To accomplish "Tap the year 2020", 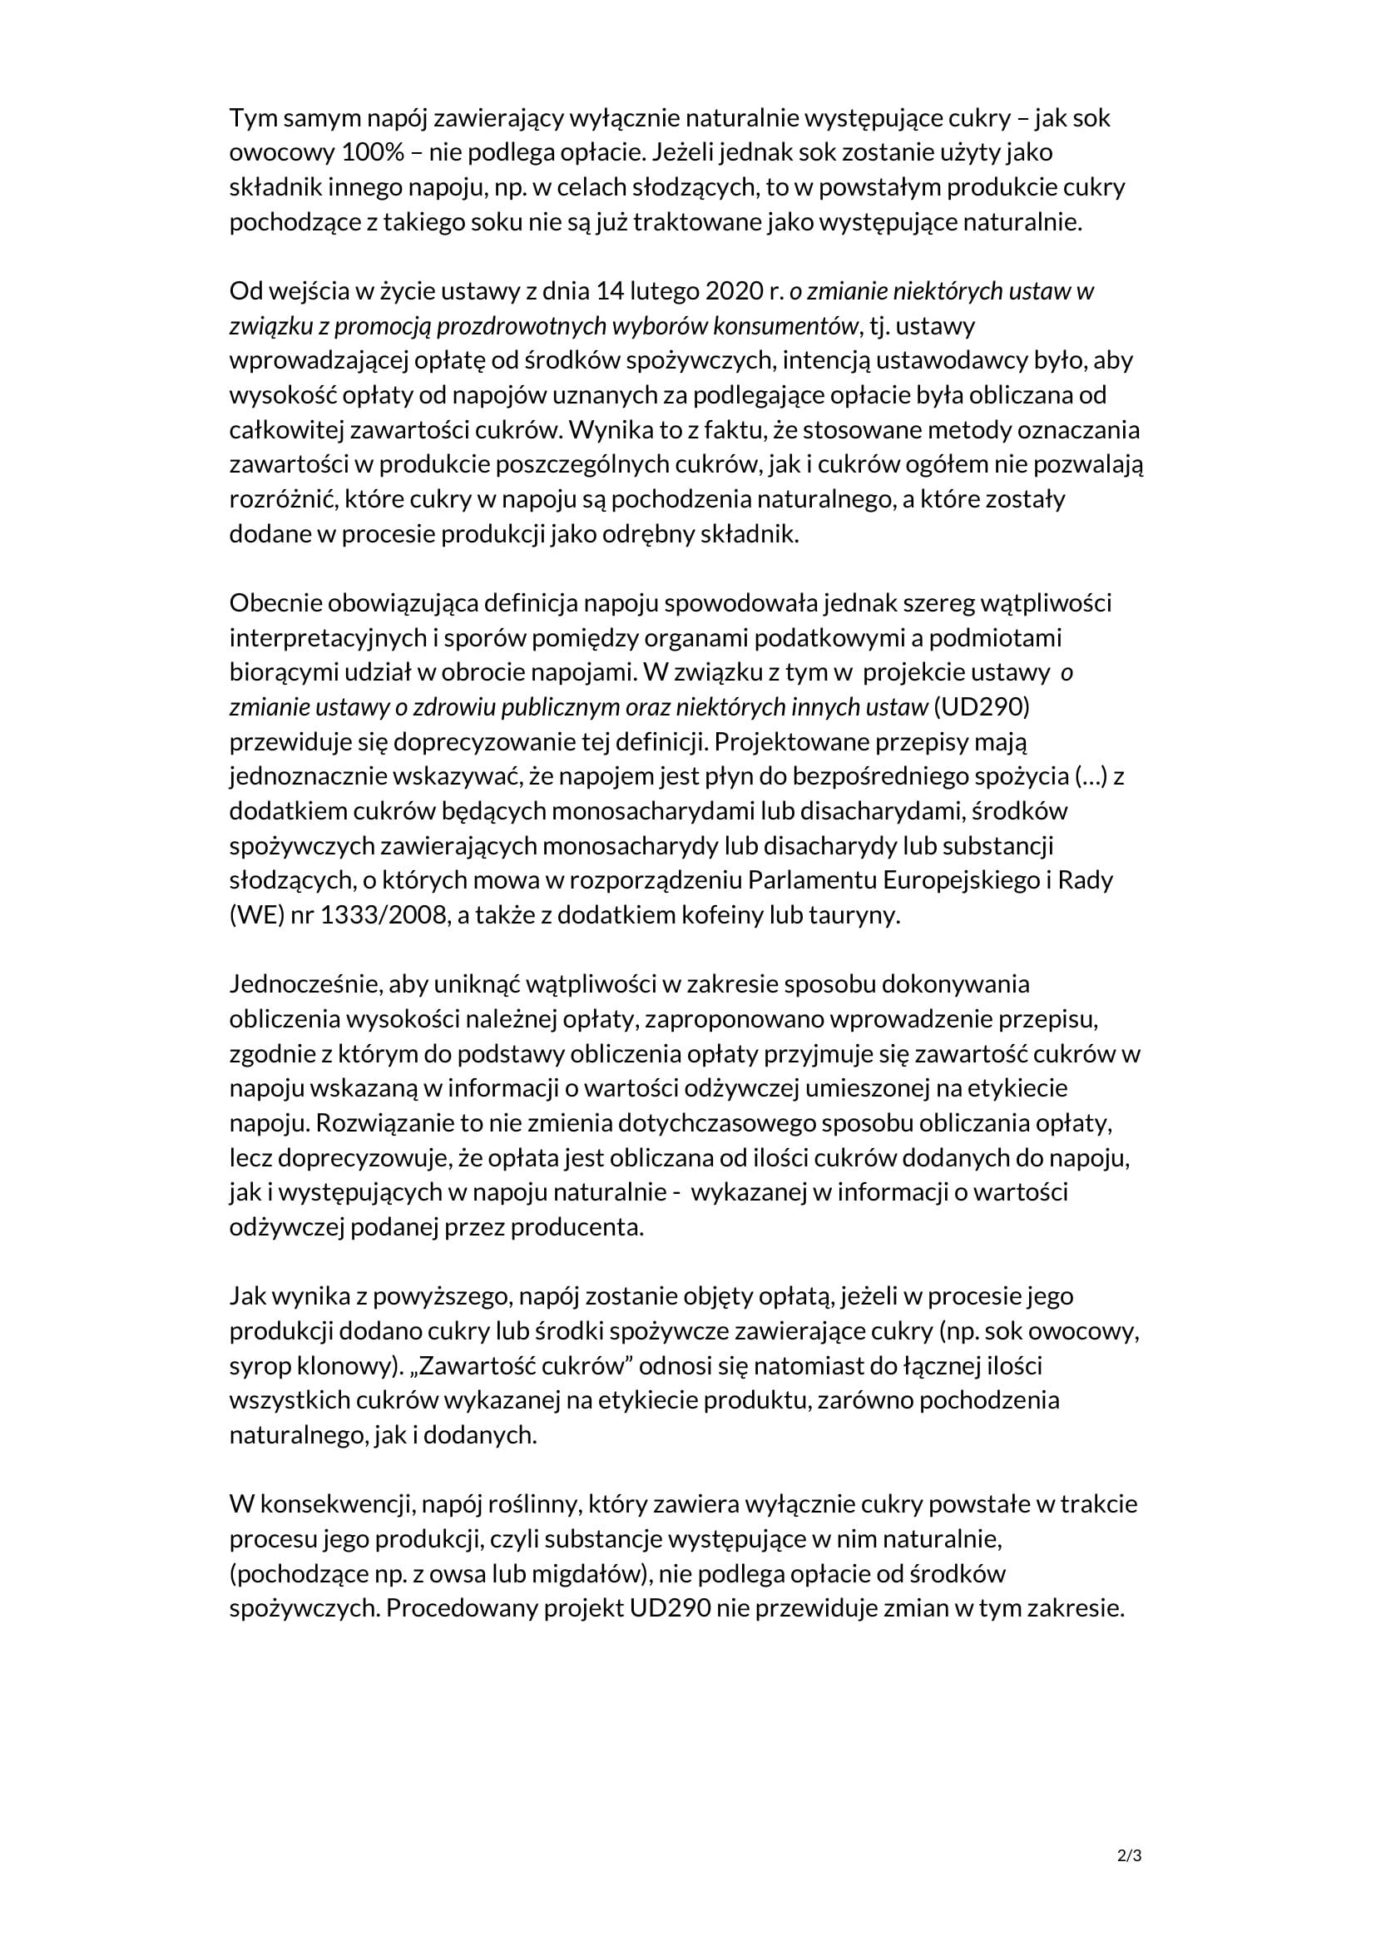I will pyautogui.click(x=730, y=290).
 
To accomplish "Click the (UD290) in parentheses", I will pyautogui.click(x=981, y=707).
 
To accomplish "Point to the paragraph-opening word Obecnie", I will pyautogui.click(x=275, y=603).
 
